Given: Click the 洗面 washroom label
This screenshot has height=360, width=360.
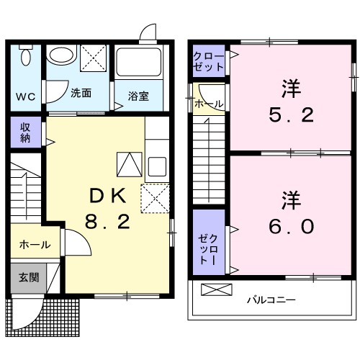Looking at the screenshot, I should [81, 93].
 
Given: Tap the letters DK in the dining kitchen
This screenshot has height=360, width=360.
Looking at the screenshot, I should [108, 195].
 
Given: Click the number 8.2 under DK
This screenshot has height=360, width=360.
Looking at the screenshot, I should [109, 222].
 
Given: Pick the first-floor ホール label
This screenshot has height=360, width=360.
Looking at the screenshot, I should [35, 245].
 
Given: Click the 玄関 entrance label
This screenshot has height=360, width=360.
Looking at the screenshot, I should [29, 277].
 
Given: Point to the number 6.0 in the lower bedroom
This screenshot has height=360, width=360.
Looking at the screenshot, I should [292, 226].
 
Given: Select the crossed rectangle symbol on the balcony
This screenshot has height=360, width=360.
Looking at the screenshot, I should [217, 290].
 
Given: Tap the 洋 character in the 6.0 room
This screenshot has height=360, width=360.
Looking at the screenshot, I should [290, 197].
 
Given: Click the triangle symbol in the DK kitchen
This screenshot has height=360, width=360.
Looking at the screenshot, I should [129, 165].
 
